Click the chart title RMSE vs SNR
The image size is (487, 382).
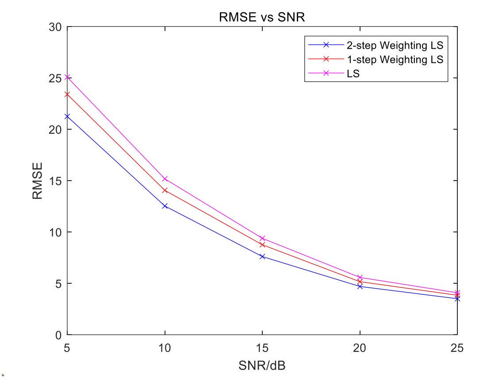pyautogui.click(x=262, y=18)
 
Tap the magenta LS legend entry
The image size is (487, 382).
pyautogui.click(x=353, y=74)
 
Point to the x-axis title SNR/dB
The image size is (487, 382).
pyautogui.click(x=262, y=367)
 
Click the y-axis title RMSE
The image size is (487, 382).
pyautogui.click(x=38, y=181)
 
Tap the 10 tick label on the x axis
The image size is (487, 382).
pyautogui.click(x=165, y=348)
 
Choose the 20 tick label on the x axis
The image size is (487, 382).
pyautogui.click(x=360, y=348)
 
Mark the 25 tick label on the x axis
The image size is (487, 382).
pyautogui.click(x=457, y=348)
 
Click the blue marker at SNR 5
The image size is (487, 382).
pyautogui.click(x=67, y=116)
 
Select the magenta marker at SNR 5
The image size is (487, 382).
pyautogui.click(x=67, y=77)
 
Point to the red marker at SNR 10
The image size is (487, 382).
pyautogui.click(x=165, y=190)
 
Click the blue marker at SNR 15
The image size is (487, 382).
pyautogui.click(x=262, y=256)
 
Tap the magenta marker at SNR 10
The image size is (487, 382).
pyautogui.click(x=165, y=179)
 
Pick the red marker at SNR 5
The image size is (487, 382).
pyautogui.click(x=67, y=94)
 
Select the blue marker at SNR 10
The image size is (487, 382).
pyautogui.click(x=165, y=206)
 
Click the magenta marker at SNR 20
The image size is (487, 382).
pyautogui.click(x=360, y=278)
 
